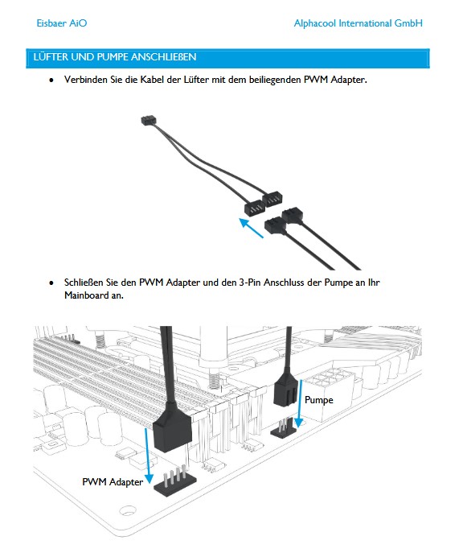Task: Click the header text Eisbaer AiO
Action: [62, 23]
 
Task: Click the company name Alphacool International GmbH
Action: [359, 23]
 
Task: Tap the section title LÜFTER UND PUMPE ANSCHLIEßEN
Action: [115, 57]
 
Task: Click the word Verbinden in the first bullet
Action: [86, 79]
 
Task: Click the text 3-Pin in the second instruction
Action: [250, 283]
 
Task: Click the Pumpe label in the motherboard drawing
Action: [319, 400]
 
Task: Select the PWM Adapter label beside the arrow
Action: [113, 481]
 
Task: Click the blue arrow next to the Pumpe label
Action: [300, 402]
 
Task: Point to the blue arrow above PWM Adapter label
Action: [148, 456]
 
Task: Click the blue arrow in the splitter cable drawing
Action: [251, 228]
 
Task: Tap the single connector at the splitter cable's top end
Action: [148, 120]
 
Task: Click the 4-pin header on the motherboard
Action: [174, 481]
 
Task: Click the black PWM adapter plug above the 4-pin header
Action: [173, 431]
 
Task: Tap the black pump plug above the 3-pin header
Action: [286, 390]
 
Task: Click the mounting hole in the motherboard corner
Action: [128, 510]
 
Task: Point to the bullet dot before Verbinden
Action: [51, 80]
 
